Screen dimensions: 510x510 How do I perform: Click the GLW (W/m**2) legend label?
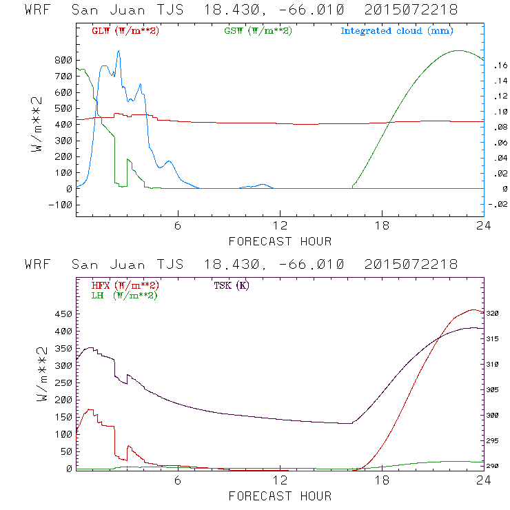(125, 31)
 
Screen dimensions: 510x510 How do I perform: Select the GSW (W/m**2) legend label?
(258, 31)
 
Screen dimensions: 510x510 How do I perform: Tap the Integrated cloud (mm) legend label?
(397, 31)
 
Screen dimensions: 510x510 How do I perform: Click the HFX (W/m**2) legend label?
(125, 285)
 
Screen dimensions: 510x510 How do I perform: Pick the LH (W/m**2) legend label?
(124, 295)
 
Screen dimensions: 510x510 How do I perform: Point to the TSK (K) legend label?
(231, 285)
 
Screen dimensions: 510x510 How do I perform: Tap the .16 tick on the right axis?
(499, 65)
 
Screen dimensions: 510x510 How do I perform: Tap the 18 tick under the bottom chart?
(382, 482)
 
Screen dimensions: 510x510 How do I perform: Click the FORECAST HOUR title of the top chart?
(280, 241)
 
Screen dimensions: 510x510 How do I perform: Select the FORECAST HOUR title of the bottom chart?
(280, 496)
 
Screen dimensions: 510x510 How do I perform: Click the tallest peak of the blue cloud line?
(119, 51)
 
